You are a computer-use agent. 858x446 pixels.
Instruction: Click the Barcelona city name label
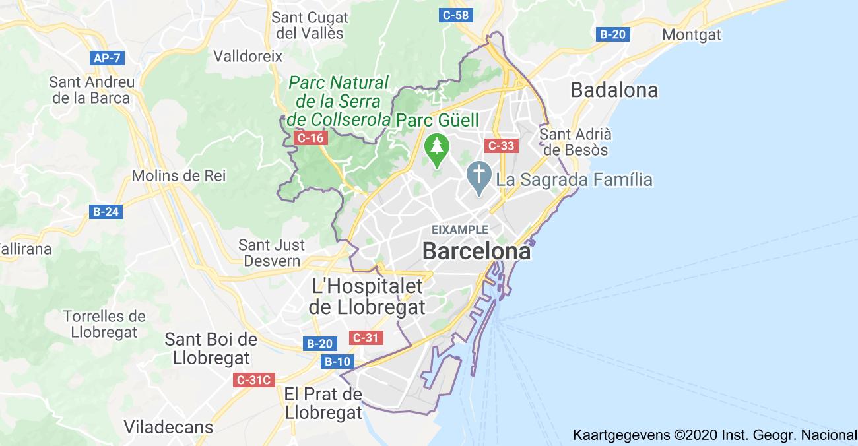pyautogui.click(x=476, y=251)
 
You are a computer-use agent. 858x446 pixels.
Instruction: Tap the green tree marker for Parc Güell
pyautogui.click(x=436, y=150)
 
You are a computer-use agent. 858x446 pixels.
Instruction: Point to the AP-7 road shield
pyautogui.click(x=107, y=58)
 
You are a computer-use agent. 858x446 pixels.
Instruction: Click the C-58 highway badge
pyautogui.click(x=456, y=15)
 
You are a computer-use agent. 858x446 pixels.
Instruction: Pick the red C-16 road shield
pyautogui.click(x=310, y=138)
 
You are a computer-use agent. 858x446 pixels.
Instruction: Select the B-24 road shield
pyautogui.click(x=106, y=212)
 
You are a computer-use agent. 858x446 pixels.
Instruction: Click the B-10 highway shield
pyautogui.click(x=338, y=362)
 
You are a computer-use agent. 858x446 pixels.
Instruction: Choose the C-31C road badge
pyautogui.click(x=254, y=380)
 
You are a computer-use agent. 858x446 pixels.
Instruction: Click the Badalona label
pyautogui.click(x=614, y=90)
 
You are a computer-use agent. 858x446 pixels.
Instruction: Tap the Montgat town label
pyautogui.click(x=692, y=34)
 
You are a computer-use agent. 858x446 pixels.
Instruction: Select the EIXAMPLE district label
pyautogui.click(x=460, y=230)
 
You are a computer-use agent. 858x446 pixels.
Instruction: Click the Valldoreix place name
pyautogui.click(x=247, y=56)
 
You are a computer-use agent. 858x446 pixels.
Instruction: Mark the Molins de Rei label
pyautogui.click(x=178, y=175)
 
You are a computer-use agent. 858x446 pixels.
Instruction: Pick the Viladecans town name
pyautogui.click(x=169, y=427)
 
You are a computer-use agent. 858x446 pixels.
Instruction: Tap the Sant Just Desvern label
pyautogui.click(x=272, y=253)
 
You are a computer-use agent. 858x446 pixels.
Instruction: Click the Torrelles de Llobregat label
pyautogui.click(x=104, y=324)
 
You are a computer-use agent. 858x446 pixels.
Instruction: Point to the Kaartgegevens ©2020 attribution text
pyautogui.click(x=715, y=435)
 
